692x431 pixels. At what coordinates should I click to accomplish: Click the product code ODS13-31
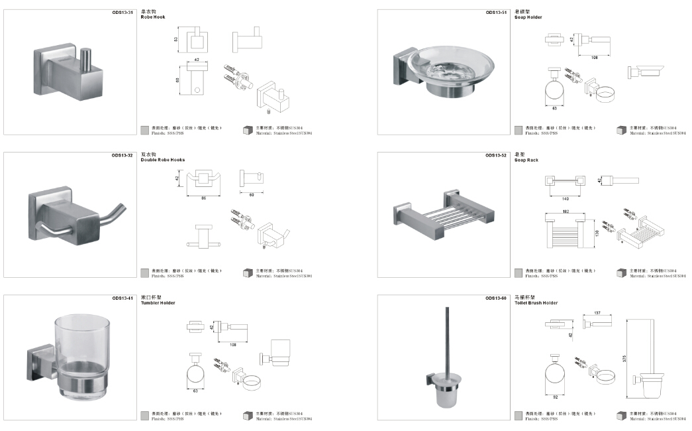[124, 12]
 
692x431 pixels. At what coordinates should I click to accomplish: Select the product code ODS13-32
[123, 155]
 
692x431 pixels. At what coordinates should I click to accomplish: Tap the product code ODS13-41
[123, 298]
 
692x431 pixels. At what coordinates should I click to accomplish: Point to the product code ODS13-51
[496, 12]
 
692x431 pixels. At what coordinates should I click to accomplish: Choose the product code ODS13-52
[496, 155]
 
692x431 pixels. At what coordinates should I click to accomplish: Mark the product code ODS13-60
[496, 298]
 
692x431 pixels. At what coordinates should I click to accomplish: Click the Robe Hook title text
[153, 17]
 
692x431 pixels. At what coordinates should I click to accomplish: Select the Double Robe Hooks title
[163, 160]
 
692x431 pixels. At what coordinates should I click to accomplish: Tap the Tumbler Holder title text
[158, 303]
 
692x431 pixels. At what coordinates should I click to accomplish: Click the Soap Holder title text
[528, 17]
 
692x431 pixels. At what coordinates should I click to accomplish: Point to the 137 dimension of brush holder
[597, 313]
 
